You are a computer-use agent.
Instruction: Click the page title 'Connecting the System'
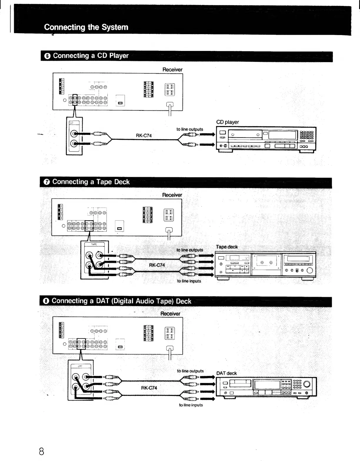(x=86, y=27)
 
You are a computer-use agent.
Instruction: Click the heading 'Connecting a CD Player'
(x=91, y=56)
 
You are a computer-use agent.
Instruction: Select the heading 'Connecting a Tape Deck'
(x=91, y=182)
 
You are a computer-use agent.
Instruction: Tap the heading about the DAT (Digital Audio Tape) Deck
(x=121, y=301)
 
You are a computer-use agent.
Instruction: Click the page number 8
(x=41, y=451)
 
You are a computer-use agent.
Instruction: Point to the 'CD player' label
(x=227, y=122)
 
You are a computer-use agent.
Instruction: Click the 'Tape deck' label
(x=226, y=247)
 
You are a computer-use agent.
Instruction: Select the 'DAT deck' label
(x=226, y=373)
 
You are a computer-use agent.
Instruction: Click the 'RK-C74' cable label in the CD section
(x=144, y=136)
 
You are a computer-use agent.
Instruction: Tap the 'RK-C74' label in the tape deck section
(x=157, y=265)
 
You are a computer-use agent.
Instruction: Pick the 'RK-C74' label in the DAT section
(x=149, y=388)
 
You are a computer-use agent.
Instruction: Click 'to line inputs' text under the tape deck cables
(x=189, y=281)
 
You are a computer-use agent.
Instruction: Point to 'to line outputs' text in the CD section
(x=190, y=129)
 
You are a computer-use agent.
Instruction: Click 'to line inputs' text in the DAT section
(x=191, y=405)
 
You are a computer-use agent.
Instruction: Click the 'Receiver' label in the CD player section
(x=172, y=70)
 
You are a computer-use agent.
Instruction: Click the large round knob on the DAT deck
(x=306, y=384)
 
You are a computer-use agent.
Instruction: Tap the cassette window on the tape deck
(x=266, y=262)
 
